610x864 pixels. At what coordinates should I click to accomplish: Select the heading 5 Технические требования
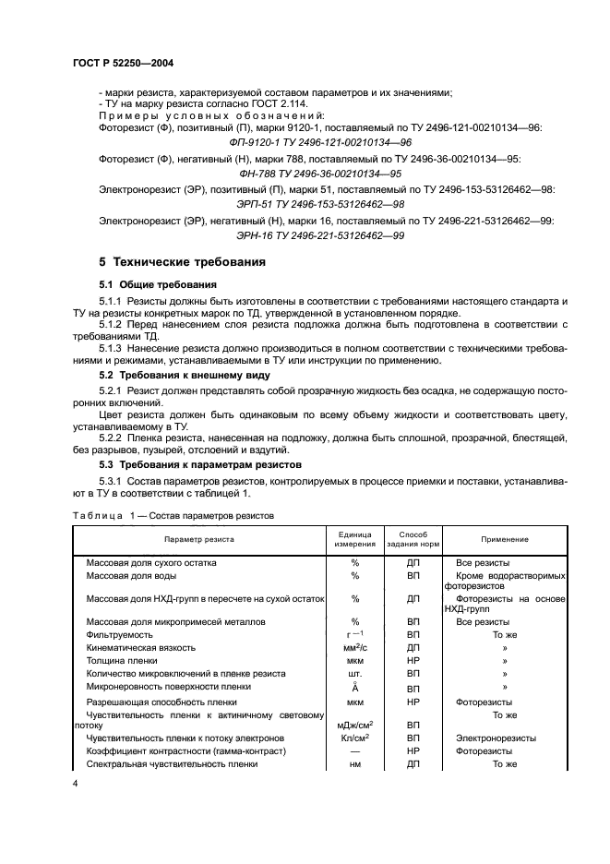pos(183,262)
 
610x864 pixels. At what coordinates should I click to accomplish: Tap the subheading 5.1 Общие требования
pos(158,284)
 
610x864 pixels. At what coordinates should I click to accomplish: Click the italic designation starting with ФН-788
pos(307,174)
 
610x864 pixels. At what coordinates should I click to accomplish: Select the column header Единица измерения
pos(354,538)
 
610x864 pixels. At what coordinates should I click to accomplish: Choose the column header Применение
pos(504,538)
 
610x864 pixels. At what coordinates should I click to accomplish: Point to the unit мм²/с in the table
pos(354,648)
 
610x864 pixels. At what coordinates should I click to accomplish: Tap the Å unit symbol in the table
pos(354,688)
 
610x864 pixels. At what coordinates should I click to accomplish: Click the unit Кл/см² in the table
pos(354,738)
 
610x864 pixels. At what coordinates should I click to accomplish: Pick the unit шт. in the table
pos(354,674)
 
